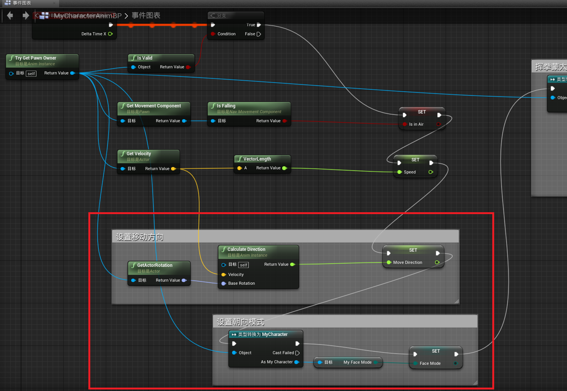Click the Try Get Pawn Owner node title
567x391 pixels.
(x=36, y=58)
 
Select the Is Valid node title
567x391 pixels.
(x=144, y=58)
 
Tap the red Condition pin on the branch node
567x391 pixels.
(x=213, y=34)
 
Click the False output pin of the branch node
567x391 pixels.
(x=259, y=34)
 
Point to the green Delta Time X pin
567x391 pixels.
(x=110, y=34)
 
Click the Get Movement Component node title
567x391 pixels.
(x=154, y=106)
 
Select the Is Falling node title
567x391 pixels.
(x=226, y=106)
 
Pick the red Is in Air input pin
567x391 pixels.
(x=405, y=124)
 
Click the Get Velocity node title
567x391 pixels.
(x=139, y=154)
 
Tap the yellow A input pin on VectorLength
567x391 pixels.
(x=239, y=168)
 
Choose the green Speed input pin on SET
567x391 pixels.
(x=399, y=172)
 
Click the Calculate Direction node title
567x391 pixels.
(x=246, y=249)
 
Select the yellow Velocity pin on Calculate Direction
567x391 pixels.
(x=224, y=274)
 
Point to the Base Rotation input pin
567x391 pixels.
(x=224, y=284)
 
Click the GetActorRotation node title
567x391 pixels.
(x=155, y=265)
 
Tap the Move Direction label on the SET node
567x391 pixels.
(x=408, y=262)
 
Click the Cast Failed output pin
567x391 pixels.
(x=297, y=353)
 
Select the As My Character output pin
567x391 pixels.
(x=297, y=362)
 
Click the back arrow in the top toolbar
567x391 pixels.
(x=10, y=16)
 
